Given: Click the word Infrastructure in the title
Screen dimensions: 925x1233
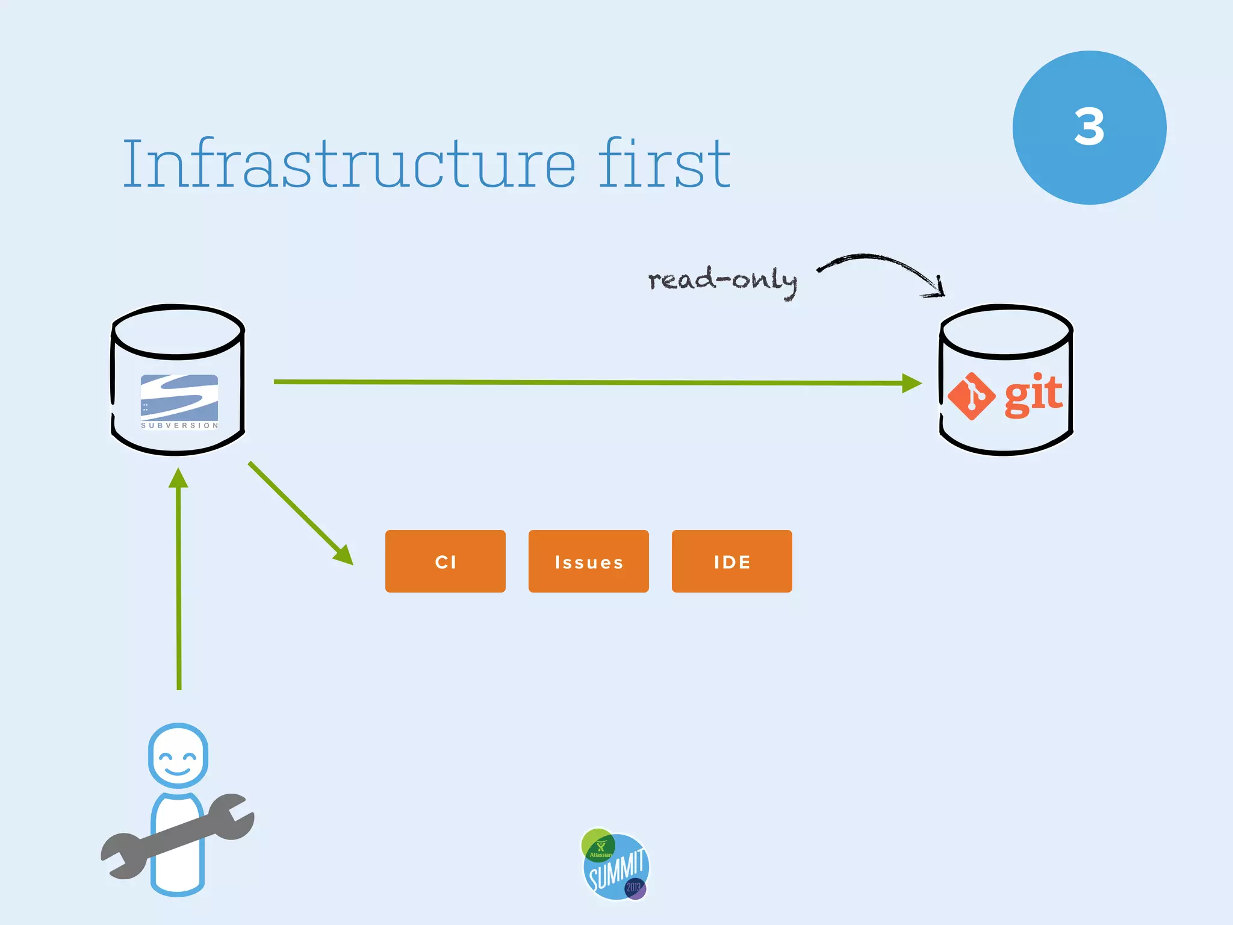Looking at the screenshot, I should pos(349,164).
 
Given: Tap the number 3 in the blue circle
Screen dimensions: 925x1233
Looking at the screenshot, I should pos(1089,127).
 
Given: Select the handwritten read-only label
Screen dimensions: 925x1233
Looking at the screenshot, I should pos(722,280).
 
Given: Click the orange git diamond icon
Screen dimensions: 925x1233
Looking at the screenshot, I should pos(971,396).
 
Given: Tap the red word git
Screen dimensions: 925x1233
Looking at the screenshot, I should pos(1033,394).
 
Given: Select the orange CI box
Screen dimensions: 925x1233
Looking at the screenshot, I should pos(445,561).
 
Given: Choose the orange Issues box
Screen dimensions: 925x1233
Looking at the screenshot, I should pos(588,561).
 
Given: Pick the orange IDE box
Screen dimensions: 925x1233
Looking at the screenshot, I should pos(731,561).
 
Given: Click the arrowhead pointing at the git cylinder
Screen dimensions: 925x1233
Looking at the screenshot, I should pos(912,383).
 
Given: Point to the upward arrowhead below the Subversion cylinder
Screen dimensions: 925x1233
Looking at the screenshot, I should pos(178,478).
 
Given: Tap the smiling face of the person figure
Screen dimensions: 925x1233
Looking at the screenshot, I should pos(178,757).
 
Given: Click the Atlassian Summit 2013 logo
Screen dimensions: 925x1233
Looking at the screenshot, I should pos(615,865).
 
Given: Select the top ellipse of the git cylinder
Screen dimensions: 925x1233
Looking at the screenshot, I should pos(1006,331).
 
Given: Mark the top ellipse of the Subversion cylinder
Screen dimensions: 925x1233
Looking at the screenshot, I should pos(178,331).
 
